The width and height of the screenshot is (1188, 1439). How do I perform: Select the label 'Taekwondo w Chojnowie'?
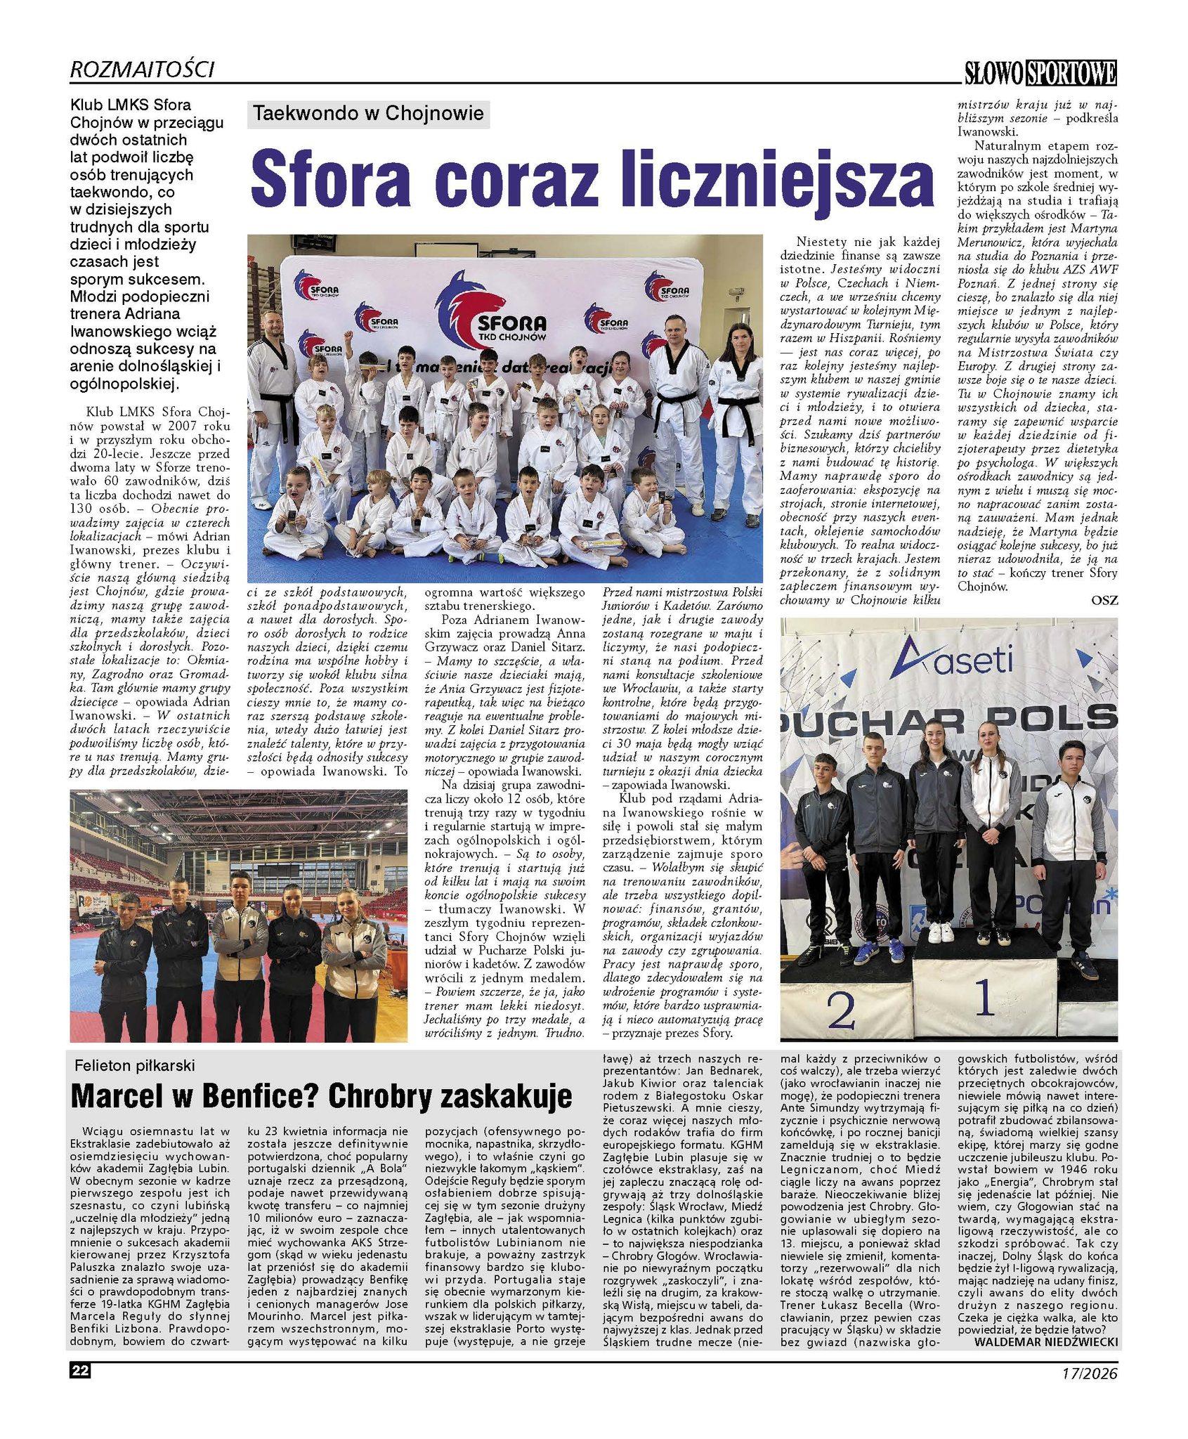[368, 113]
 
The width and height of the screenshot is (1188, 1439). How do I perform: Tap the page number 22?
[79, 1371]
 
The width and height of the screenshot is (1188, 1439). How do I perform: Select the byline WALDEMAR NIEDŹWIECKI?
[1045, 1341]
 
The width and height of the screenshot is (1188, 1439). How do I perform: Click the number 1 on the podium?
[985, 996]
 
